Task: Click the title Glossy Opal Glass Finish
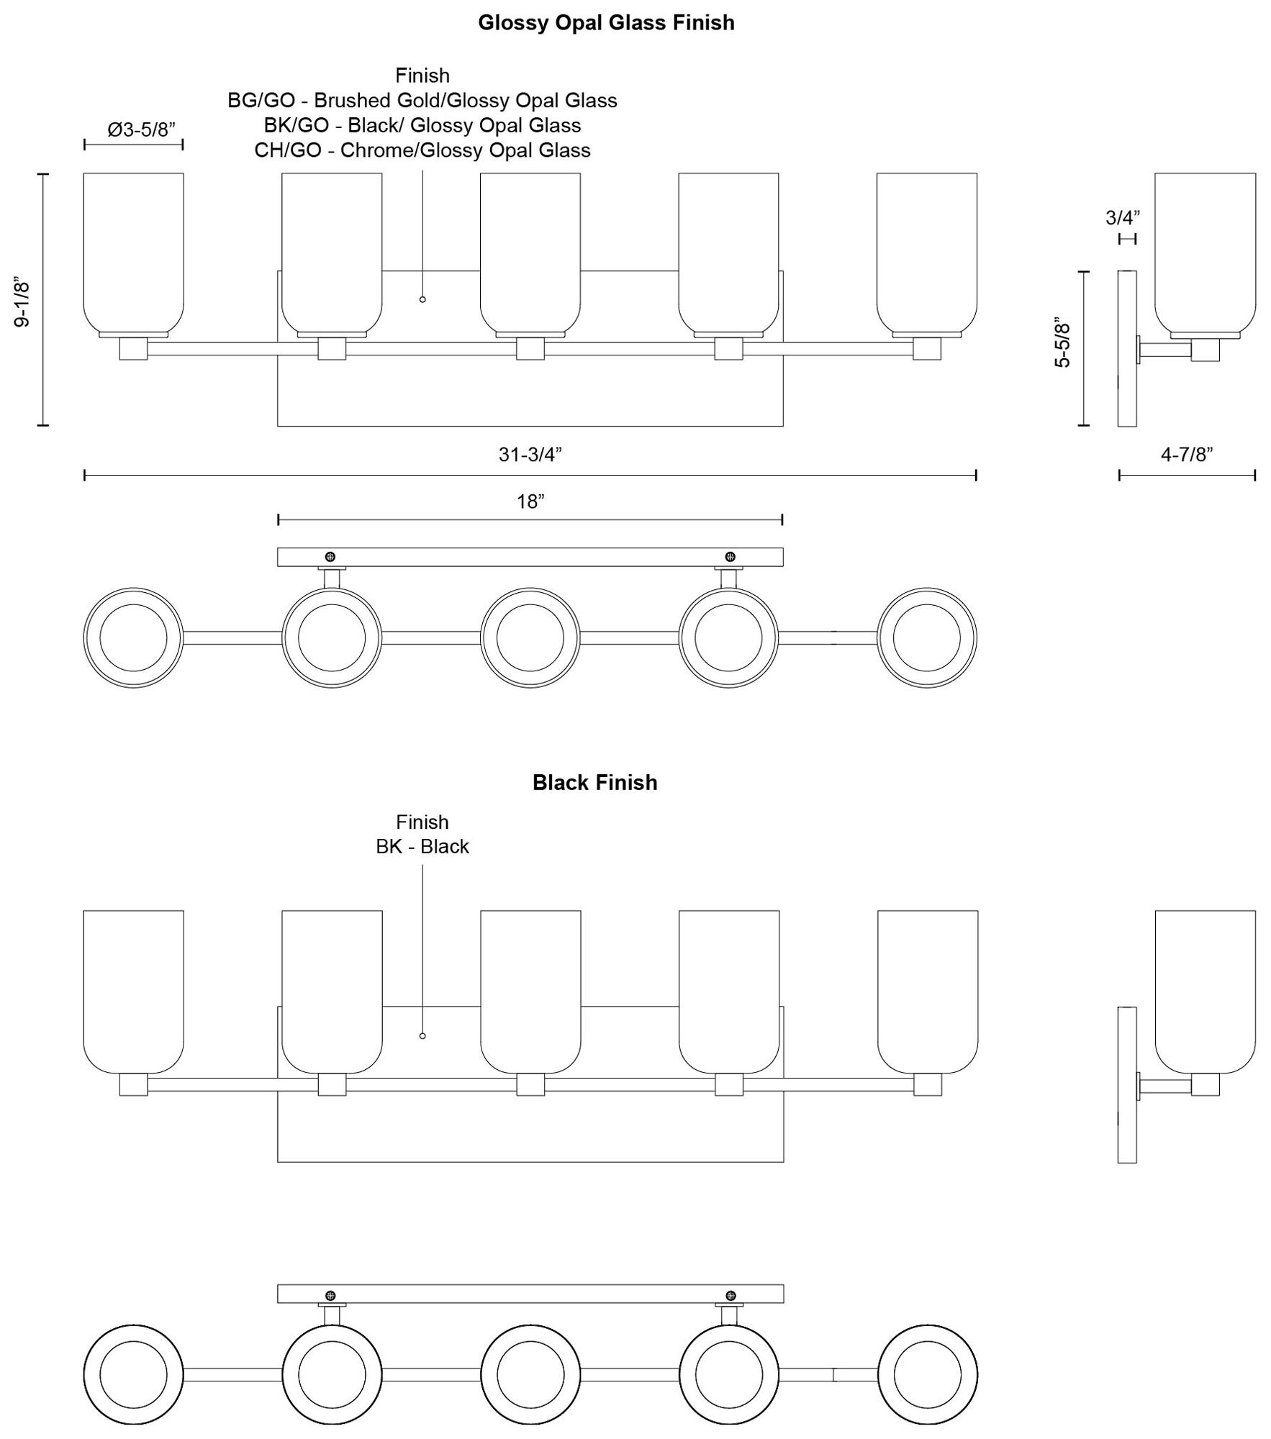tap(606, 23)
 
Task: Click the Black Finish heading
tap(594, 783)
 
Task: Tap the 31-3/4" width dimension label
tap(530, 455)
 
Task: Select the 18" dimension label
tap(530, 501)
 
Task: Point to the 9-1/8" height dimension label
tap(22, 302)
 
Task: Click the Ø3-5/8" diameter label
tap(142, 130)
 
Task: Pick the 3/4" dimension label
tap(1123, 217)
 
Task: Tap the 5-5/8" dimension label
tap(1062, 342)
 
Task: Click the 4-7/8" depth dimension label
tap(1187, 455)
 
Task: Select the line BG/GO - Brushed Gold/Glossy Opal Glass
tap(422, 101)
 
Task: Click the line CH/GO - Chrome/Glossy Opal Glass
tap(422, 150)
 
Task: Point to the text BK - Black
tap(422, 846)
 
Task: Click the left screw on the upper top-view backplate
tap(330, 557)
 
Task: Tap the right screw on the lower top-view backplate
tap(731, 1296)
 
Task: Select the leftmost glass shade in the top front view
tap(133, 253)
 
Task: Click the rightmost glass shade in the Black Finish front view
tap(928, 992)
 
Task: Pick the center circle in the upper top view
tap(530, 637)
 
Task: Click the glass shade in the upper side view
tap(1206, 253)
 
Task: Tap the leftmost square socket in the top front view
tap(133, 349)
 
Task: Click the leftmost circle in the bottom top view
tap(133, 1374)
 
